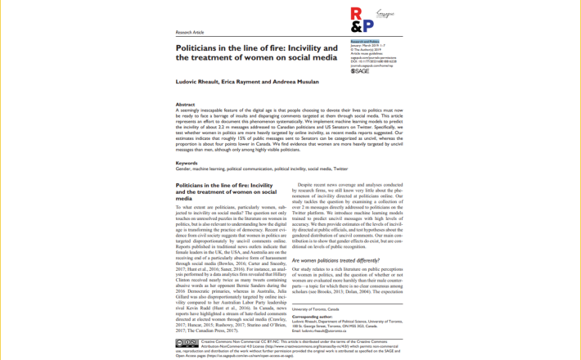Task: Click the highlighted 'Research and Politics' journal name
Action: point(365,40)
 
